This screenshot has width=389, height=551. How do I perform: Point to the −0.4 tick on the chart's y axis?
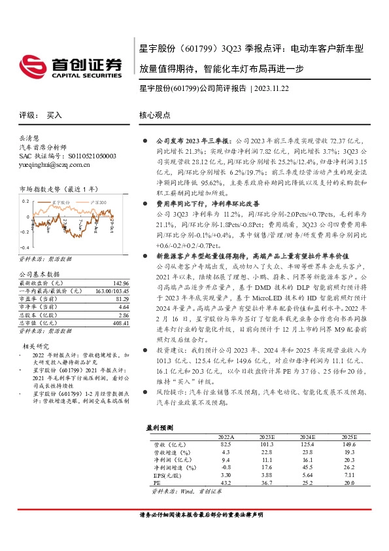(x=24, y=249)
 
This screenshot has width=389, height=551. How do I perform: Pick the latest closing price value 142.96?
(x=120, y=283)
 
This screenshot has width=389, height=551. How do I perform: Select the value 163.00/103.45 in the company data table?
(x=110, y=291)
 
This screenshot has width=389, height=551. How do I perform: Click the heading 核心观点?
(x=154, y=115)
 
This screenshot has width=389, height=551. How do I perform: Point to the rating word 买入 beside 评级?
(x=54, y=115)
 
